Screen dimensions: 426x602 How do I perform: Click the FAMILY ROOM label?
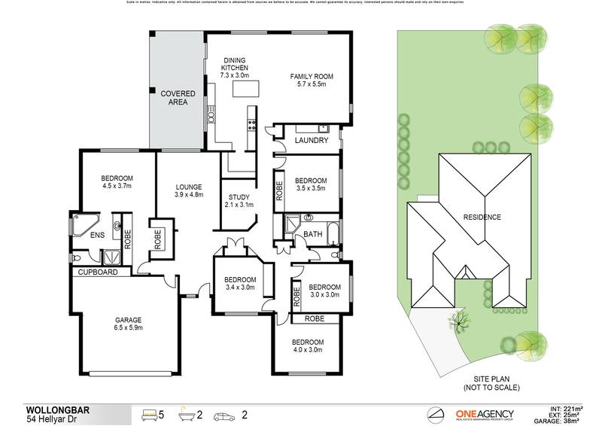click(x=312, y=77)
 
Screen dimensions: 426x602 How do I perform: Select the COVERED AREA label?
click(x=178, y=97)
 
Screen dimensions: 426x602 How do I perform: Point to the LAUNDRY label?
click(x=309, y=141)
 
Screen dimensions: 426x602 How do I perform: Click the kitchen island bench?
click(x=245, y=91)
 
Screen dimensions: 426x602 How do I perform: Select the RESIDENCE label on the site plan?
click(x=482, y=218)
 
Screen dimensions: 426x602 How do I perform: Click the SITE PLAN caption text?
click(x=482, y=383)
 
